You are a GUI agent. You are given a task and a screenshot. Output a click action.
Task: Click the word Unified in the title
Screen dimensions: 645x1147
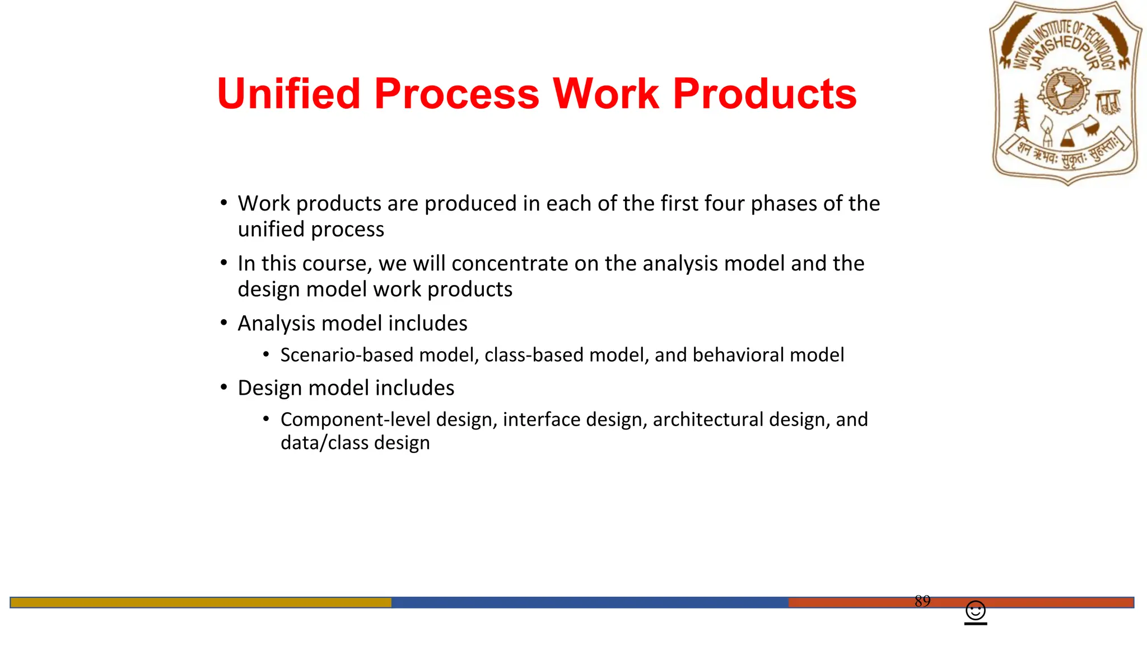pyautogui.click(x=288, y=94)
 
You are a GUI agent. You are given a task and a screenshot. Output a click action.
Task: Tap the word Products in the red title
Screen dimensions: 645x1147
pyautogui.click(x=764, y=94)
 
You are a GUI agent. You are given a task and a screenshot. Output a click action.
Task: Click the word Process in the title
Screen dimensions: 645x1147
pyautogui.click(x=456, y=94)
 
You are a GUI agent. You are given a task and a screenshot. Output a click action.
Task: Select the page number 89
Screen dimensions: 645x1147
pyautogui.click(x=922, y=601)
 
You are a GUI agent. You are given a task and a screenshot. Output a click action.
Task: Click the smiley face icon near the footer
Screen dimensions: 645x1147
pyautogui.click(x=976, y=610)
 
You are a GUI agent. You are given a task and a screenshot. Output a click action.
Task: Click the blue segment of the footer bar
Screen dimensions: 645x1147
pyautogui.click(x=589, y=602)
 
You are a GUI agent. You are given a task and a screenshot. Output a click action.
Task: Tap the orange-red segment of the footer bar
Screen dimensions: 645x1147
pyautogui.click(x=851, y=602)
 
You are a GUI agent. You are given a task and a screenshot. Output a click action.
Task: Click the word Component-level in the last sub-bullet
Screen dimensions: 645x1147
pyautogui.click(x=356, y=419)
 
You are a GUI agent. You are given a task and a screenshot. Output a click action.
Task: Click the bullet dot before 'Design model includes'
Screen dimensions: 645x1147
pyautogui.click(x=224, y=387)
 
